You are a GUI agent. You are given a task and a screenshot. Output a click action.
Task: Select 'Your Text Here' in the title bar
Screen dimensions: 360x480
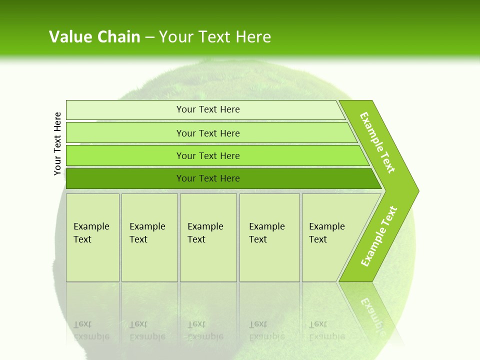point(215,37)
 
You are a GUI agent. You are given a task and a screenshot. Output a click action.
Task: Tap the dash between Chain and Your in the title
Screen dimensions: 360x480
point(149,37)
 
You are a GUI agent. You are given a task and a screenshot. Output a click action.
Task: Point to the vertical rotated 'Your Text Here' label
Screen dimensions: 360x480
point(57,143)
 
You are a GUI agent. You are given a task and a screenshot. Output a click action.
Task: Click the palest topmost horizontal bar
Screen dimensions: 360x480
point(205,109)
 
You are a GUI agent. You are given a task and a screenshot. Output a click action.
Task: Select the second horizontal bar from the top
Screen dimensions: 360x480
point(210,133)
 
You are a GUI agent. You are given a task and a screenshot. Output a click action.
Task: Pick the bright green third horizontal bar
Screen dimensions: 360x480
point(215,155)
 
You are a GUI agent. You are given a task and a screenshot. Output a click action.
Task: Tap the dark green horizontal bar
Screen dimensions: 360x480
point(220,178)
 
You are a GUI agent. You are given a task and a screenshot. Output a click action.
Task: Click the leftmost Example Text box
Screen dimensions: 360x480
point(92,237)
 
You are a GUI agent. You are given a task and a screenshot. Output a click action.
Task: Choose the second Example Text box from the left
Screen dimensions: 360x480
point(149,237)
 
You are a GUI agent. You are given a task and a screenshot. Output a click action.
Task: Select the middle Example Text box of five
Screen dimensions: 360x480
point(208,237)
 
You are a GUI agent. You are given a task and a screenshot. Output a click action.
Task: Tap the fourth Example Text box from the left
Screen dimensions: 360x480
point(269,237)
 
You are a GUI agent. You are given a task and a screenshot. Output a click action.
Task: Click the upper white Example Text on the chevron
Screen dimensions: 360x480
point(377,142)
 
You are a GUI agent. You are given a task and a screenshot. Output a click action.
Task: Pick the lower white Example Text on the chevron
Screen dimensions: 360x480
point(379,236)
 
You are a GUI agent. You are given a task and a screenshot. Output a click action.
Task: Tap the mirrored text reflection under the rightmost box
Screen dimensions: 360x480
point(326,330)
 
